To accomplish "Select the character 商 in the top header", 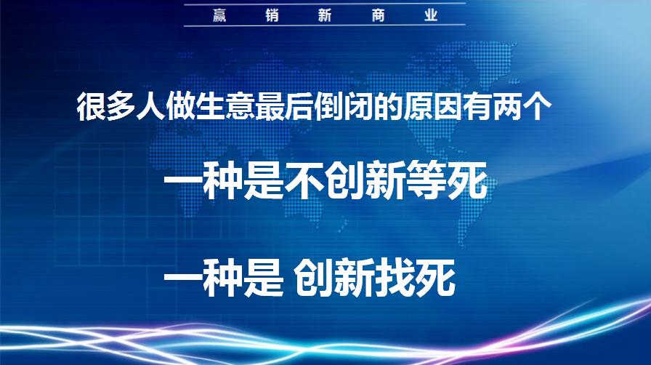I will point(378,15).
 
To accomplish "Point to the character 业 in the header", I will point(431,15).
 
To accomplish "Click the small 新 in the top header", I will point(325,15).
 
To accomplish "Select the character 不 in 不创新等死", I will point(304,182).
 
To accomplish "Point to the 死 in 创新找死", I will point(436,278).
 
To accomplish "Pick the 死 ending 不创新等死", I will point(466,182).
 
